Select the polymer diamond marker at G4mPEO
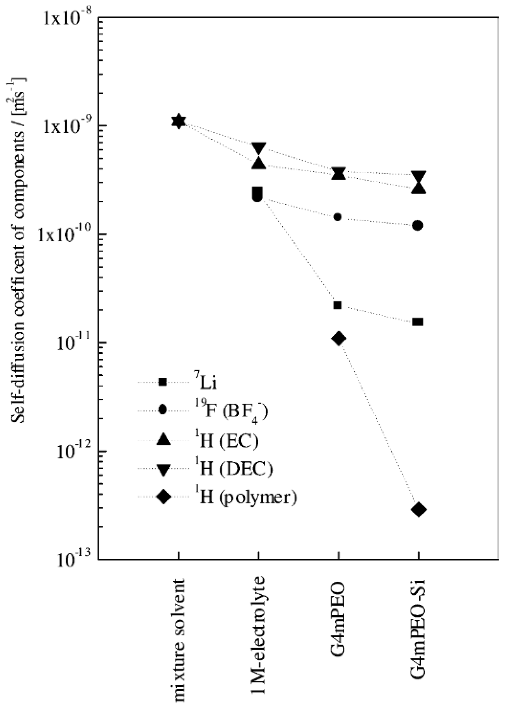click(339, 338)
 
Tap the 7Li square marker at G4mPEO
click(337, 305)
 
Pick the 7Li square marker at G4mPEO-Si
click(418, 322)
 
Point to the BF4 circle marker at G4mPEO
click(337, 217)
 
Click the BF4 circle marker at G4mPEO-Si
click(418, 225)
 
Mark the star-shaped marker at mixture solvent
click(179, 121)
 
